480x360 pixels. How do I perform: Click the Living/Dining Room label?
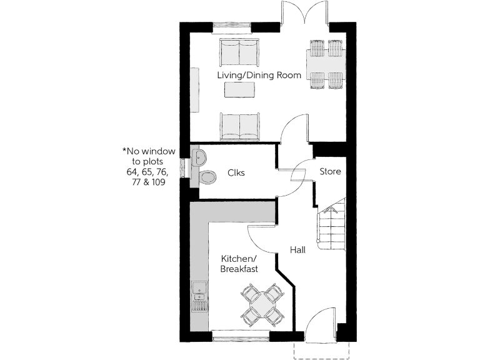click(x=259, y=76)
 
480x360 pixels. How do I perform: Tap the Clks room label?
click(x=236, y=173)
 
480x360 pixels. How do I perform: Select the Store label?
click(x=330, y=171)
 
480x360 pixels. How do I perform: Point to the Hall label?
click(x=297, y=250)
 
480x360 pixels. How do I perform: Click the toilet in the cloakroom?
click(x=207, y=177)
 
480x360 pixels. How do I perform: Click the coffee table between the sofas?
click(x=240, y=91)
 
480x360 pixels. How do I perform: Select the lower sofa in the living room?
click(x=239, y=127)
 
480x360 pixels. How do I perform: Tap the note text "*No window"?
click(x=146, y=151)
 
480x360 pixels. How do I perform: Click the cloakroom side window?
click(x=183, y=167)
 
